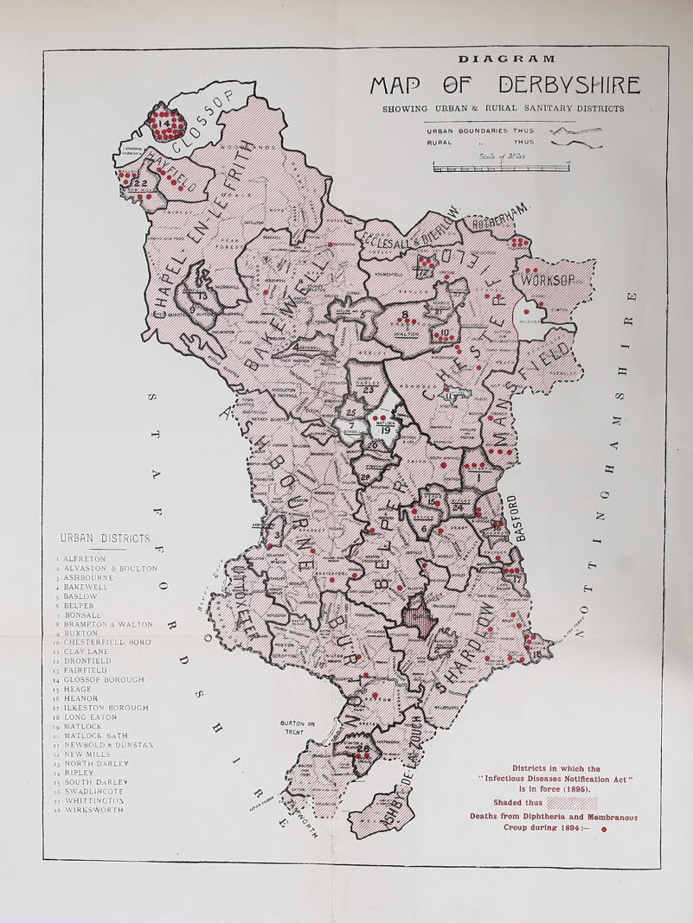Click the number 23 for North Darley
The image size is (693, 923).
[367, 389]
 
